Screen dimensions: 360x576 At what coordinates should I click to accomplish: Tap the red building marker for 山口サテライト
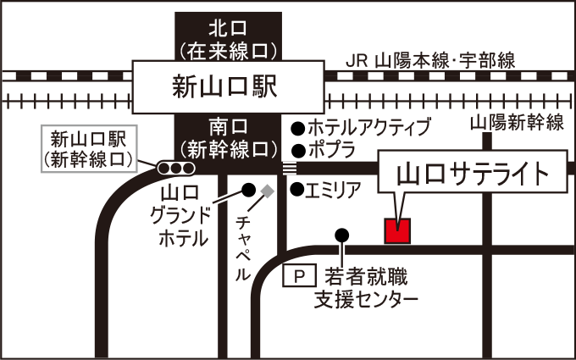[x=398, y=230]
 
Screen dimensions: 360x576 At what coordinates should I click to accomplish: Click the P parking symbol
[x=298, y=275]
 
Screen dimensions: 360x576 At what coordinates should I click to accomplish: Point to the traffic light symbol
[x=170, y=168]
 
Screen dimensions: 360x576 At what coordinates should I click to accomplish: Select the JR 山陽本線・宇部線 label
[x=432, y=61]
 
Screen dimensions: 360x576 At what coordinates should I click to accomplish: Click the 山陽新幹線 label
[x=516, y=123]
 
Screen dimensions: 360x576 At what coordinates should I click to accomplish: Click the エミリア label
[x=334, y=190]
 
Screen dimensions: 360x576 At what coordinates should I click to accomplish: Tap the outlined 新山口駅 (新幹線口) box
[x=88, y=147]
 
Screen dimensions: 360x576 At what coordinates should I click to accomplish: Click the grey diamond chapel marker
[x=268, y=191]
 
